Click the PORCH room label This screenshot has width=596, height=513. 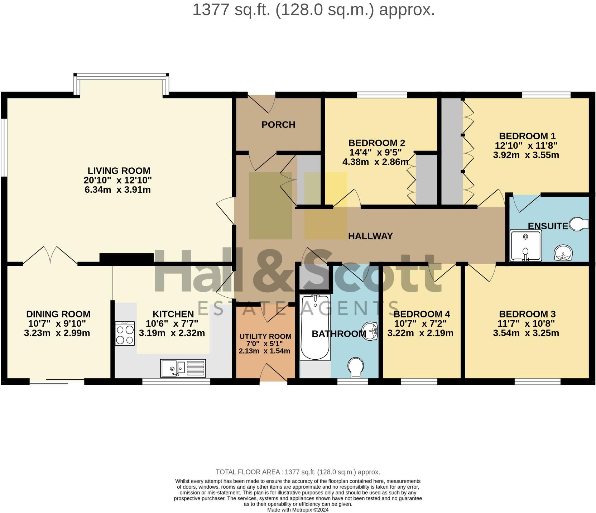pos(278,125)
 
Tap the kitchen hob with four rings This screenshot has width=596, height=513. pos(125,333)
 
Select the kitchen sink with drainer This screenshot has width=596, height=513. pos(183,368)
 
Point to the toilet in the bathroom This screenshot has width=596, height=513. pos(356,367)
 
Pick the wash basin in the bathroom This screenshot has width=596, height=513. pos(370,330)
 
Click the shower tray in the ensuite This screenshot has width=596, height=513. pos(525,245)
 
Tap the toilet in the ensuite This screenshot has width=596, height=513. pos(579,224)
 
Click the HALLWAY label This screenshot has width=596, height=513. pos(370,236)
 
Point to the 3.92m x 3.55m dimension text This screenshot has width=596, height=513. pos(526,155)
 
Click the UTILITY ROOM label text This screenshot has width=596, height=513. pos(265,336)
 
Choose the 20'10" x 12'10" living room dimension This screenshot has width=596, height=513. pos(118,180)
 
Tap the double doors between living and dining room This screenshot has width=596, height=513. pos(50,255)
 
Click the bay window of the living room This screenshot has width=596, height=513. pos(121,76)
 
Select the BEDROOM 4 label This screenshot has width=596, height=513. pos(422,314)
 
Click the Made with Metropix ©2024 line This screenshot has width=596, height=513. pos(298,510)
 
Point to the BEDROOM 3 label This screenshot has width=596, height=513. pos(527,314)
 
